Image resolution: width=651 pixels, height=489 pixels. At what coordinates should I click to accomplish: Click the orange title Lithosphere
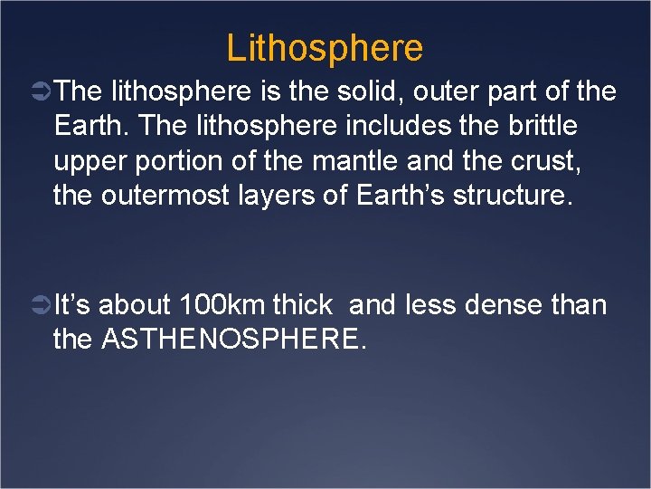point(325,47)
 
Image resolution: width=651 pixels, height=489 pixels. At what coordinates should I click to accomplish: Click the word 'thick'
point(303,305)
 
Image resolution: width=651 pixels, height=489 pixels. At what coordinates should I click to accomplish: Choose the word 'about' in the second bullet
point(137,305)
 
